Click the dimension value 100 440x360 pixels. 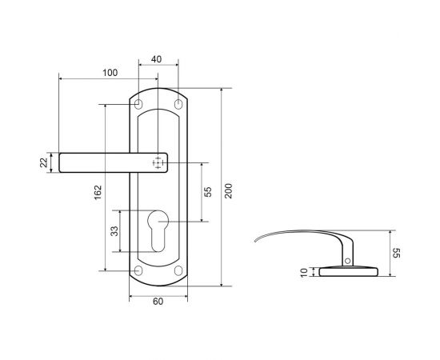tap(110, 73)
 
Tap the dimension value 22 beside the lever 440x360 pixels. tap(45, 163)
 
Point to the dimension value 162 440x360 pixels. tap(98, 192)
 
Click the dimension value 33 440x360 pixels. tap(114, 231)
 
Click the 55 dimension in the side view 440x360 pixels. tap(395, 253)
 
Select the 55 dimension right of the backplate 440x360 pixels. tap(207, 192)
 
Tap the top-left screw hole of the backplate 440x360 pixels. tap(139, 105)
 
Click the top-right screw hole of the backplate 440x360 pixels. tap(178, 105)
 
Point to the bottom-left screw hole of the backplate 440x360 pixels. tap(139, 270)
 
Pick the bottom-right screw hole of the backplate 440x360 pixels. tap(178, 270)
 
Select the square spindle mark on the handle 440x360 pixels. tap(158, 163)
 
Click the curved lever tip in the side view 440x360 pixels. tap(264, 237)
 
